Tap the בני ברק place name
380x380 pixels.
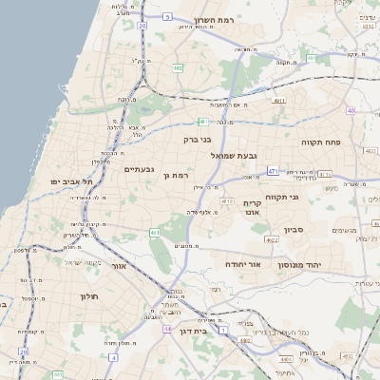[x=198, y=140]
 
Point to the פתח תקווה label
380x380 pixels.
[x=321, y=142]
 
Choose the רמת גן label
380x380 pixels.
[x=178, y=176]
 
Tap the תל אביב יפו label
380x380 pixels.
[x=73, y=181]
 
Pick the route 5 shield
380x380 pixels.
[x=168, y=17]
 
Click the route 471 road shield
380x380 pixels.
[x=273, y=171]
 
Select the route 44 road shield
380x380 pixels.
[x=167, y=329]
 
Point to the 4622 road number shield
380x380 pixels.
[x=273, y=240]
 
